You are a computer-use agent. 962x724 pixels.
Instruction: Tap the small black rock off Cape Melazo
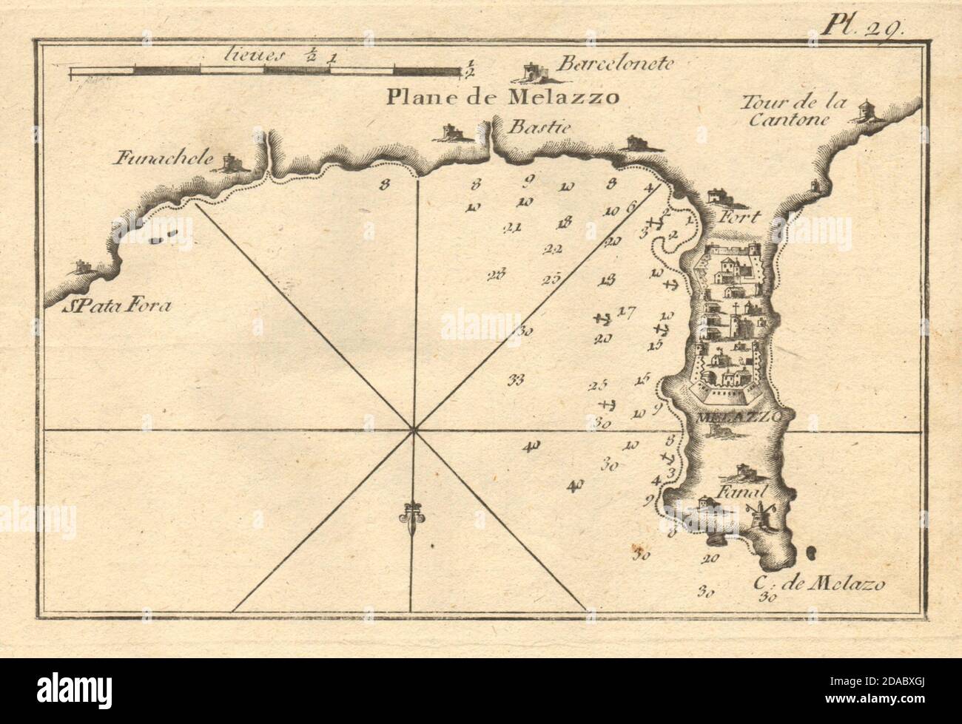812,551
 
